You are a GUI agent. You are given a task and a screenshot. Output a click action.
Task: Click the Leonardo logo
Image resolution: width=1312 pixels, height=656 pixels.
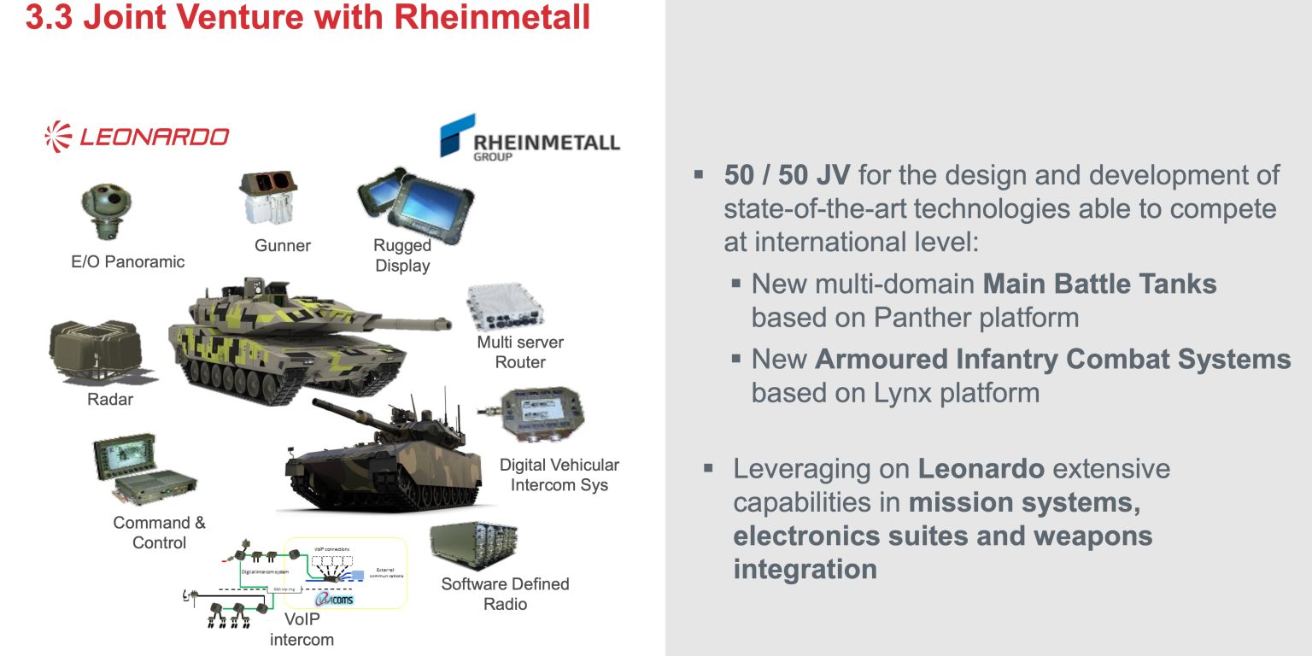pos(137,137)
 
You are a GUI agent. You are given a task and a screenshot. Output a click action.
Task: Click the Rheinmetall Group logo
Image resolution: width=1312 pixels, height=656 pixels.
pos(530,137)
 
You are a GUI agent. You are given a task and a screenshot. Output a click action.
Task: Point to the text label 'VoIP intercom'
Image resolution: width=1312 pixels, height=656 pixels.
pos(302,630)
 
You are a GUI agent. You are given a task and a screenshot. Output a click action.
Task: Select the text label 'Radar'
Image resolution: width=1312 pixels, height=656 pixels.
pos(110,399)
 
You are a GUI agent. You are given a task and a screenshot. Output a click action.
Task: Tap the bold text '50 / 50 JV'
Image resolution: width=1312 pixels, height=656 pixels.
pos(787,175)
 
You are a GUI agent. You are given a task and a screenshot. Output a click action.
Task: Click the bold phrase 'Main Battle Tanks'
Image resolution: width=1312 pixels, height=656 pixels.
pos(1100,284)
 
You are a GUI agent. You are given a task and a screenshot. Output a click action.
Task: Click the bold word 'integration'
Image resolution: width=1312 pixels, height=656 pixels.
pos(805,569)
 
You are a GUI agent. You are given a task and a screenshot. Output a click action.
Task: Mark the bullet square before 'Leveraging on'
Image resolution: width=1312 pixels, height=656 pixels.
pos(708,469)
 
